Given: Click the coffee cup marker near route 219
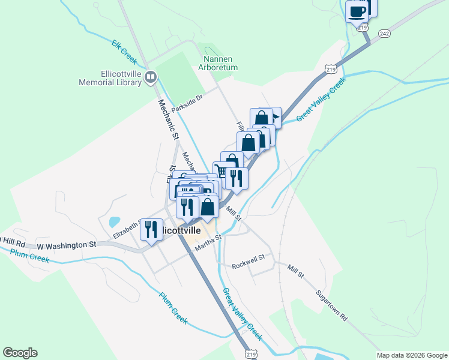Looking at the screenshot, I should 358,11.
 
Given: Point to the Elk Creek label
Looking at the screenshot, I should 124,52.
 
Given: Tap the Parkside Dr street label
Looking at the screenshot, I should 187,103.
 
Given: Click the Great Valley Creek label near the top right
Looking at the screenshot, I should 321,100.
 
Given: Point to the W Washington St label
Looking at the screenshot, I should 66,245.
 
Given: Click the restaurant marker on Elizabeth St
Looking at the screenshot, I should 151,229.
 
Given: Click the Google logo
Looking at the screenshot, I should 20,353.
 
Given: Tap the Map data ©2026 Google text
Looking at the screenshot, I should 411,355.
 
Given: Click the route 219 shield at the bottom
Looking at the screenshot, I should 250,353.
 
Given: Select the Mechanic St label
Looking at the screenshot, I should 169,119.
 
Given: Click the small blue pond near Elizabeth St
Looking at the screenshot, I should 114,221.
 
